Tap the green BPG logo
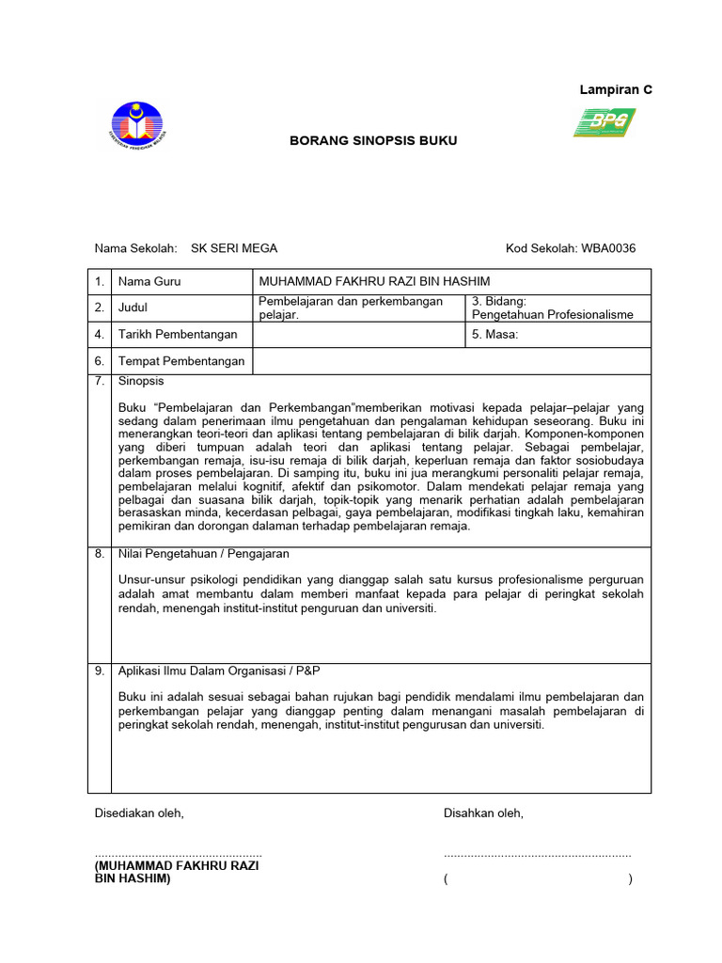click(604, 122)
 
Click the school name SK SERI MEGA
click(234, 248)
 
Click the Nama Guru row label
click(149, 281)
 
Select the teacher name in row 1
click(374, 281)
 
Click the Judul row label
click(133, 308)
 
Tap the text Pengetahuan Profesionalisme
click(552, 315)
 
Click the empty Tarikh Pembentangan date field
click(359, 334)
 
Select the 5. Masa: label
click(494, 334)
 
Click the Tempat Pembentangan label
click(180, 361)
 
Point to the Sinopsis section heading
click(141, 381)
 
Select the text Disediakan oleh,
click(139, 813)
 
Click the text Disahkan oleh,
click(483, 813)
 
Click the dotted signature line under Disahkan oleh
click(537, 855)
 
